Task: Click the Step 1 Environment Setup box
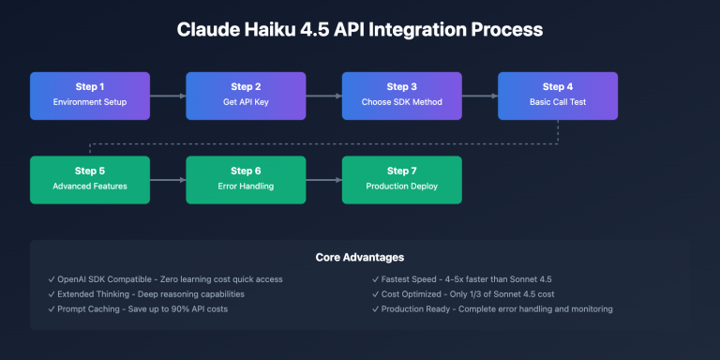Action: click(90, 95)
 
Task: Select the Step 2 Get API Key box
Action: click(246, 95)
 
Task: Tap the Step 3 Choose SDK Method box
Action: click(401, 95)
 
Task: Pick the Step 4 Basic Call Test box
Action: click(557, 95)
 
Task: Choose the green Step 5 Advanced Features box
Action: click(90, 179)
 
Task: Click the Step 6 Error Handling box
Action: click(246, 179)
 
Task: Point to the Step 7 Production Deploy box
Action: click(401, 179)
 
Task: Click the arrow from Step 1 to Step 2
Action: click(168, 95)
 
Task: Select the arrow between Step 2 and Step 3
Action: click(323, 95)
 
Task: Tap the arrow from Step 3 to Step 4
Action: click(479, 95)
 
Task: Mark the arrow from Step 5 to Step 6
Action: click(168, 179)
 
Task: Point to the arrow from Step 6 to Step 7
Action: click(323, 179)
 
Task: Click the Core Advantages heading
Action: click(359, 257)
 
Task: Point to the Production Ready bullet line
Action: click(497, 308)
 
